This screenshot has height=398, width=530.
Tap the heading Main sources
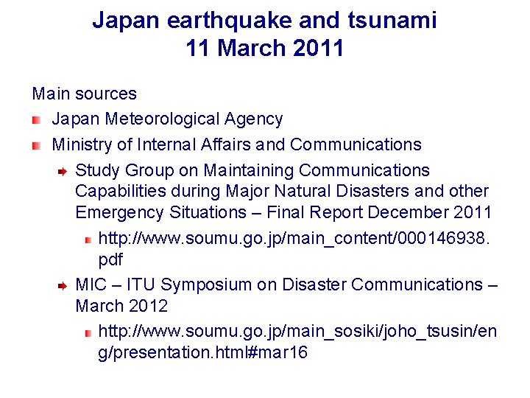click(x=84, y=94)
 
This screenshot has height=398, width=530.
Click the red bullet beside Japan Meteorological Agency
click(x=36, y=119)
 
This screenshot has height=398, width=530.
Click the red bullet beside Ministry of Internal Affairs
click(x=36, y=145)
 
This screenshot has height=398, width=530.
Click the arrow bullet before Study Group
click(x=63, y=171)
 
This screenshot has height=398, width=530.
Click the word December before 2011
click(x=409, y=212)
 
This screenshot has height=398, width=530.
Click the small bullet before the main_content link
click(x=87, y=240)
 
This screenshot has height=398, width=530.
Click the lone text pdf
click(x=110, y=259)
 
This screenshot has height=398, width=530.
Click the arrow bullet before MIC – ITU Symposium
click(x=63, y=285)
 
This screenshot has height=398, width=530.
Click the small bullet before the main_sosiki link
click(x=87, y=333)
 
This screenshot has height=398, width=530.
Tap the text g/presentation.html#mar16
click(x=202, y=353)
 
